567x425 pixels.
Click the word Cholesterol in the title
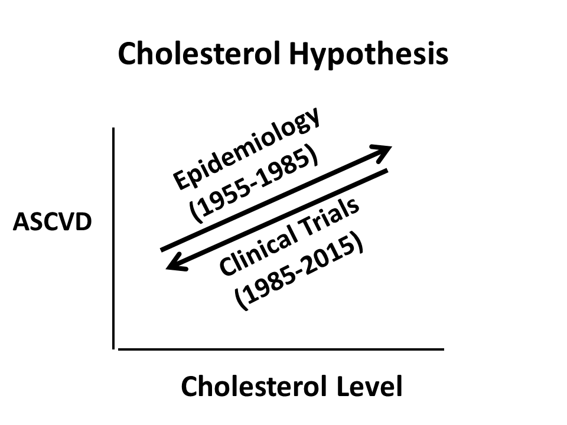[x=199, y=54]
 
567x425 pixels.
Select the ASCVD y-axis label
[x=53, y=221]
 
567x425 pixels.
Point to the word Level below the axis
[x=370, y=386]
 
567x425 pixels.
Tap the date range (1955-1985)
[x=254, y=184]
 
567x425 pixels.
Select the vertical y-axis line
[x=113, y=238]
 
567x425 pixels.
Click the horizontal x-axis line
[x=281, y=349]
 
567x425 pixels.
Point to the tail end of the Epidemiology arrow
[x=161, y=250]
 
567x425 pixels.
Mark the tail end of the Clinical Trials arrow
[x=387, y=170]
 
